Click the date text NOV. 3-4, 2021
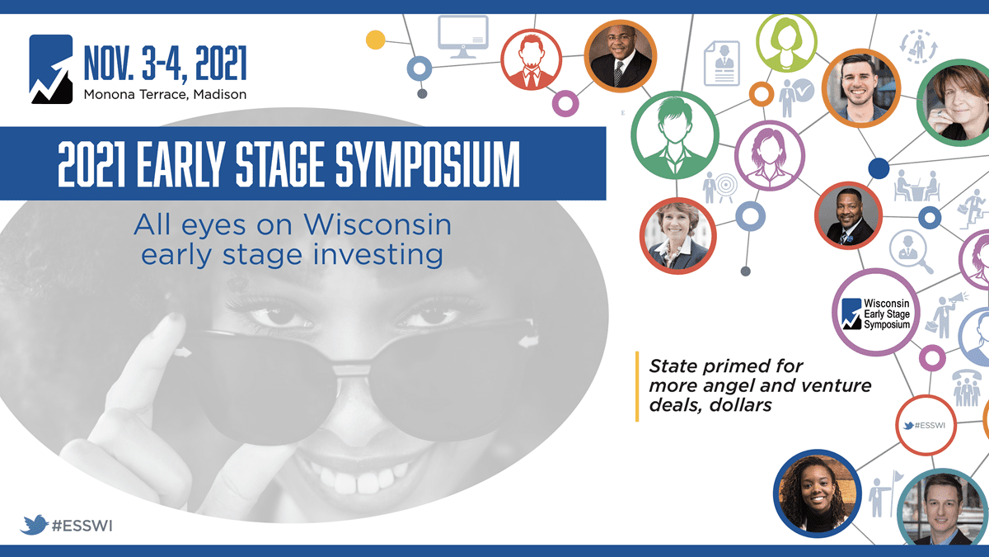[165, 64]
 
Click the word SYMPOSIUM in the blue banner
[428, 164]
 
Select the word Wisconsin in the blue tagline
[377, 224]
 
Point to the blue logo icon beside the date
[51, 69]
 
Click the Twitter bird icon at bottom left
[34, 525]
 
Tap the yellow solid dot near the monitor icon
[375, 40]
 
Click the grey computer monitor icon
[462, 37]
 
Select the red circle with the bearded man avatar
[531, 59]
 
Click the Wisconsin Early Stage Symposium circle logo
[876, 313]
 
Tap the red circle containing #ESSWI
[926, 425]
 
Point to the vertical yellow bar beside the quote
[637, 386]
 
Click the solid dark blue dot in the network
[879, 168]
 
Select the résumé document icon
[722, 64]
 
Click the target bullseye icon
[720, 187]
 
